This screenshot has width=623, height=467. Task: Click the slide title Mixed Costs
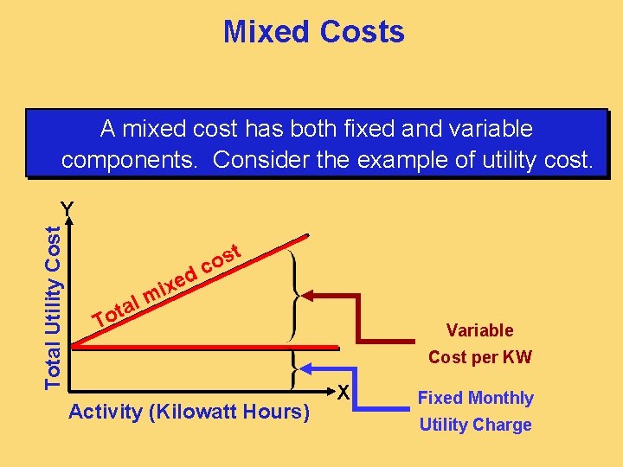click(313, 32)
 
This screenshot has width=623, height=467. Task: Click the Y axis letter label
click(67, 208)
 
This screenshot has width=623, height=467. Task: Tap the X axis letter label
click(343, 392)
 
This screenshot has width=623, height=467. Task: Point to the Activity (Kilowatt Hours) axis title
click(189, 412)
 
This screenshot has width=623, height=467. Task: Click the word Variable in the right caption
click(479, 330)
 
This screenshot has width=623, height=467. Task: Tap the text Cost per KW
click(479, 357)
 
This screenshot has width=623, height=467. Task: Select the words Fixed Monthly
click(475, 398)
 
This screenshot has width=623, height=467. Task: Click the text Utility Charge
click(475, 425)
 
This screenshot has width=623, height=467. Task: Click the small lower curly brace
click(297, 369)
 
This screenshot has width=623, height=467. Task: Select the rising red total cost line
click(190, 290)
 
